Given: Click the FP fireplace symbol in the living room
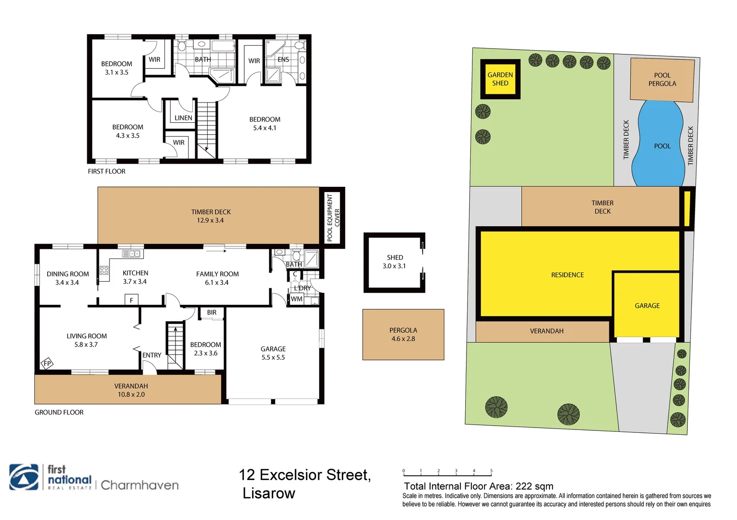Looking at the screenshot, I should [47, 364].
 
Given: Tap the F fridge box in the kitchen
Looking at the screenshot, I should [131, 300].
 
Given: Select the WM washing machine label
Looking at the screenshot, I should [297, 299].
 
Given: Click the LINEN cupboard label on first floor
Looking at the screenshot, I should [183, 117].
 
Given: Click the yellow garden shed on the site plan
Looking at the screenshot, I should [500, 79].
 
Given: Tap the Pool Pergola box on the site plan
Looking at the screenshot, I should [662, 79].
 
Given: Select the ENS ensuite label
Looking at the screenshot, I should [283, 60].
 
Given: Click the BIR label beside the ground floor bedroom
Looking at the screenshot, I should [212, 312].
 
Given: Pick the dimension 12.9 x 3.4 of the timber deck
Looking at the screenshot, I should [210, 221].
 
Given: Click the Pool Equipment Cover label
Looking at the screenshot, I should [333, 218].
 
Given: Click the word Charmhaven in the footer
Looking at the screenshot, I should [140, 485].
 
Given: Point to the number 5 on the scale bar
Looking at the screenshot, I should [491, 471].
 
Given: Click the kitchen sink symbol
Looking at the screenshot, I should [131, 254].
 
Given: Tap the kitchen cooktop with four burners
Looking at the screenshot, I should [104, 270].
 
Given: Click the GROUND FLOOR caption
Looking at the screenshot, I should [59, 412].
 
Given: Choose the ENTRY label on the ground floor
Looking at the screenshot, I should [152, 355].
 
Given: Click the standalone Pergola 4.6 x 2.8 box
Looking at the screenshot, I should [403, 335].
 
